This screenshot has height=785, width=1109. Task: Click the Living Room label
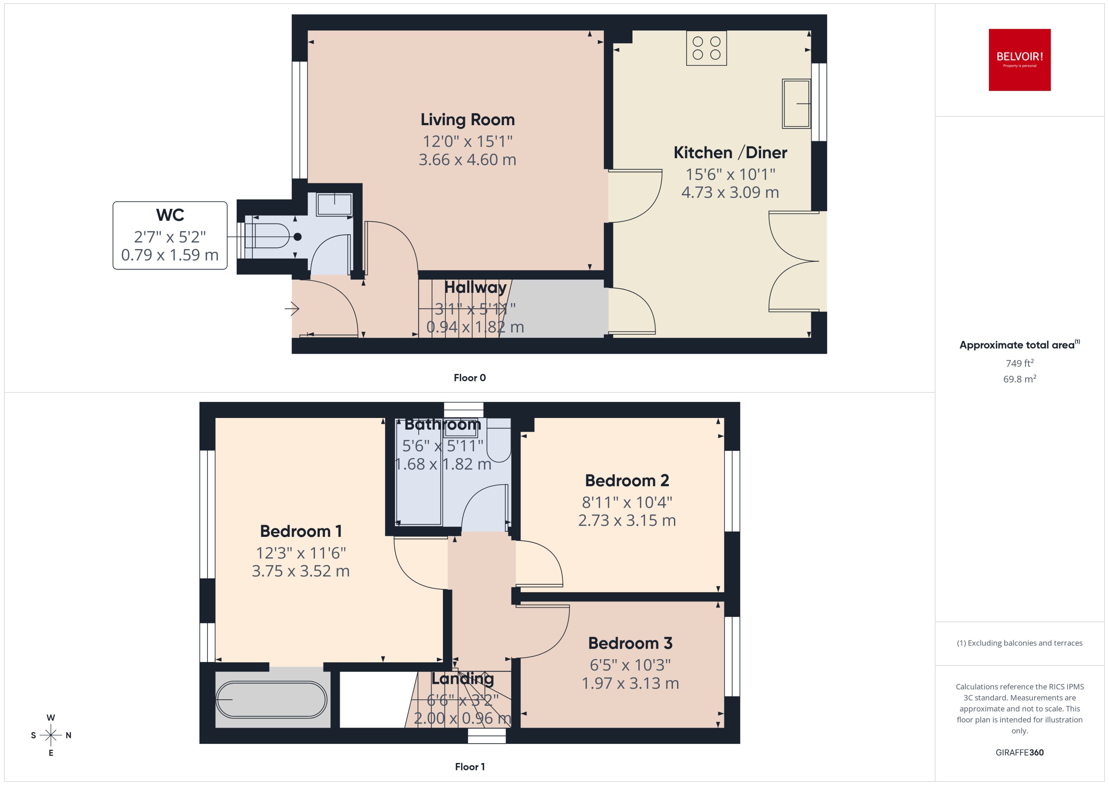pyautogui.click(x=467, y=119)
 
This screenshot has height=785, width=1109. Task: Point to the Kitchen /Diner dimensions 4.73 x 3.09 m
pyautogui.click(x=730, y=192)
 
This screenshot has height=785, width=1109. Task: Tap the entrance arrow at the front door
pyautogui.click(x=292, y=308)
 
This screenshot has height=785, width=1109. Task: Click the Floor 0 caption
pyautogui.click(x=469, y=377)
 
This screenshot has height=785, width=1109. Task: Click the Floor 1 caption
pyautogui.click(x=469, y=766)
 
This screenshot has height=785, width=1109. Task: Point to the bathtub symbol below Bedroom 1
pyautogui.click(x=271, y=699)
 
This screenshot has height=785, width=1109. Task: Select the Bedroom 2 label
pyautogui.click(x=627, y=480)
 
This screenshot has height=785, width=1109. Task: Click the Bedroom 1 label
pyautogui.click(x=301, y=531)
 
